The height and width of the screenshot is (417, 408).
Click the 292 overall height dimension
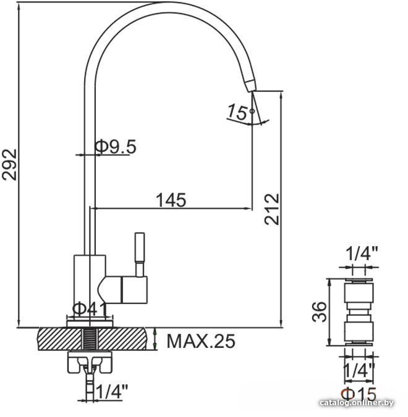coord(10,165)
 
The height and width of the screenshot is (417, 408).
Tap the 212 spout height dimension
coord(271,209)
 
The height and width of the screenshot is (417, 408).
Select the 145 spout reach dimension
coord(171,200)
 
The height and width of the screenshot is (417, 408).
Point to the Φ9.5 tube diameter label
coord(116,146)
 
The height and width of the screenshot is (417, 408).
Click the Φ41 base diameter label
coord(90,309)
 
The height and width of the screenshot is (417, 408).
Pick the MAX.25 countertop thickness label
coord(201,341)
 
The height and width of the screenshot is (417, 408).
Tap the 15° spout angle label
coord(240,112)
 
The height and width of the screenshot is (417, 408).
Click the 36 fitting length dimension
coord(319,312)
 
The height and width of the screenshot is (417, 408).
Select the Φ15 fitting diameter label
coord(359,394)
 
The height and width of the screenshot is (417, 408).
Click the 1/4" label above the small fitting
coord(362,253)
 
